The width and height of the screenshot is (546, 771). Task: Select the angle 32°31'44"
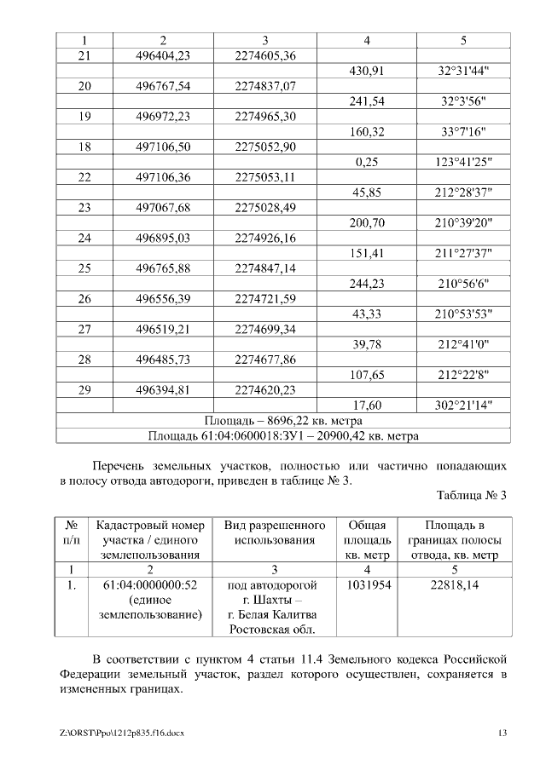point(463,72)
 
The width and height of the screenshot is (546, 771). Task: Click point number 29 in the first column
point(84,390)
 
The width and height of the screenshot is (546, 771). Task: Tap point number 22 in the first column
point(84,177)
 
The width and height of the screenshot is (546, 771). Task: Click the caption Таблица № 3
point(471,496)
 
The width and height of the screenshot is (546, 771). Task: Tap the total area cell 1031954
point(367,585)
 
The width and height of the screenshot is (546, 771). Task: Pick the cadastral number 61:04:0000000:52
point(150,585)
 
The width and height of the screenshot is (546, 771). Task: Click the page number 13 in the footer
point(503,734)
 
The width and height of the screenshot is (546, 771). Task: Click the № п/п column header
point(72,532)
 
